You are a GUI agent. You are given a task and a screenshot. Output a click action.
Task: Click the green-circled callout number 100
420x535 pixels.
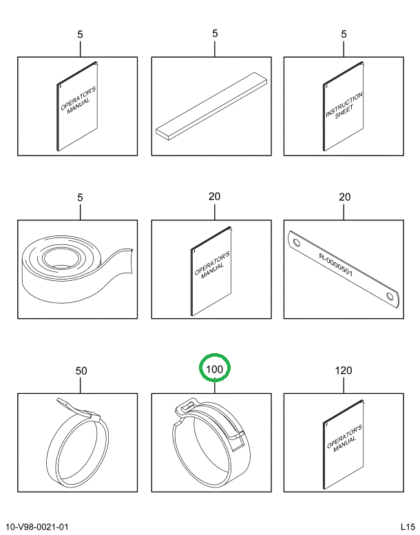point(215,369)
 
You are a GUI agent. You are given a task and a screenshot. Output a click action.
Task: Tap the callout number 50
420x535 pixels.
point(81,370)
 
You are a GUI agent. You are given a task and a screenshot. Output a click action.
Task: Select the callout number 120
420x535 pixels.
point(344,370)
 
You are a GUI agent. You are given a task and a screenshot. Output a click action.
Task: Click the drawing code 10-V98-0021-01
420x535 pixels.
point(37,527)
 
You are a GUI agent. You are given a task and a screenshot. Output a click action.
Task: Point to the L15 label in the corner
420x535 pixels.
point(408,526)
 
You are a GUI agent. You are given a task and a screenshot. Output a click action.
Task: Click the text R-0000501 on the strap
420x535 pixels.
point(336,264)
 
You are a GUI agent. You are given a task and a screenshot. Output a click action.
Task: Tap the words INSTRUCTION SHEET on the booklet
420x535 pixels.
point(344,106)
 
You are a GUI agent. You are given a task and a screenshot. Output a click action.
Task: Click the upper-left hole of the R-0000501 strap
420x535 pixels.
point(297,243)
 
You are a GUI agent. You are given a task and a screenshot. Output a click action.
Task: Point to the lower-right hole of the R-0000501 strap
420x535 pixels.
point(389,295)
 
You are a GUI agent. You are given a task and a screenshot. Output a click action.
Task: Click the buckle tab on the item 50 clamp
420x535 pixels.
point(78,408)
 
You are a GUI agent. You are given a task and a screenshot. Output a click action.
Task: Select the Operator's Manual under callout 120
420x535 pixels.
point(344,445)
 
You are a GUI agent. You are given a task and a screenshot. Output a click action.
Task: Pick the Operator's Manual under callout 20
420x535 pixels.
point(211,271)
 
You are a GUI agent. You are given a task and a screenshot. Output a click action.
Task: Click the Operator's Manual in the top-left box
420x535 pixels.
point(77,106)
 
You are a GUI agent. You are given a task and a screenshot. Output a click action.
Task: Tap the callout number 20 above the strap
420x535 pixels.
point(344,197)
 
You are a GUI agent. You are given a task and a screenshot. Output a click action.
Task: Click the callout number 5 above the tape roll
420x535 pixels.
point(80,198)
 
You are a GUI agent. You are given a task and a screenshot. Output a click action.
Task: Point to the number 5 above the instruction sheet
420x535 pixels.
point(344,34)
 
